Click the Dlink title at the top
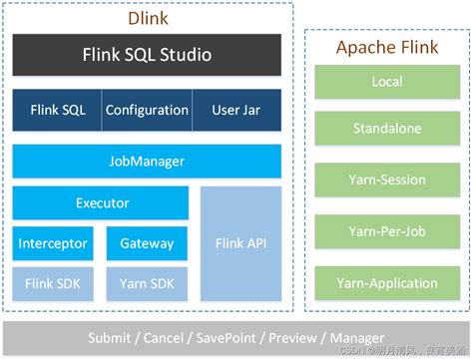tap(148, 18)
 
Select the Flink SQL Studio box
tap(147, 55)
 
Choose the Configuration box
tap(147, 110)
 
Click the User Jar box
tap(237, 110)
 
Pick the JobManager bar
tap(147, 161)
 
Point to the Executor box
tap(101, 202)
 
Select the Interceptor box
tap(54, 243)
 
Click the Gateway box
tap(147, 243)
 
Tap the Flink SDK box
tap(54, 283)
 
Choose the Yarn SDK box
tap(147, 283)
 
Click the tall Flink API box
tap(240, 243)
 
